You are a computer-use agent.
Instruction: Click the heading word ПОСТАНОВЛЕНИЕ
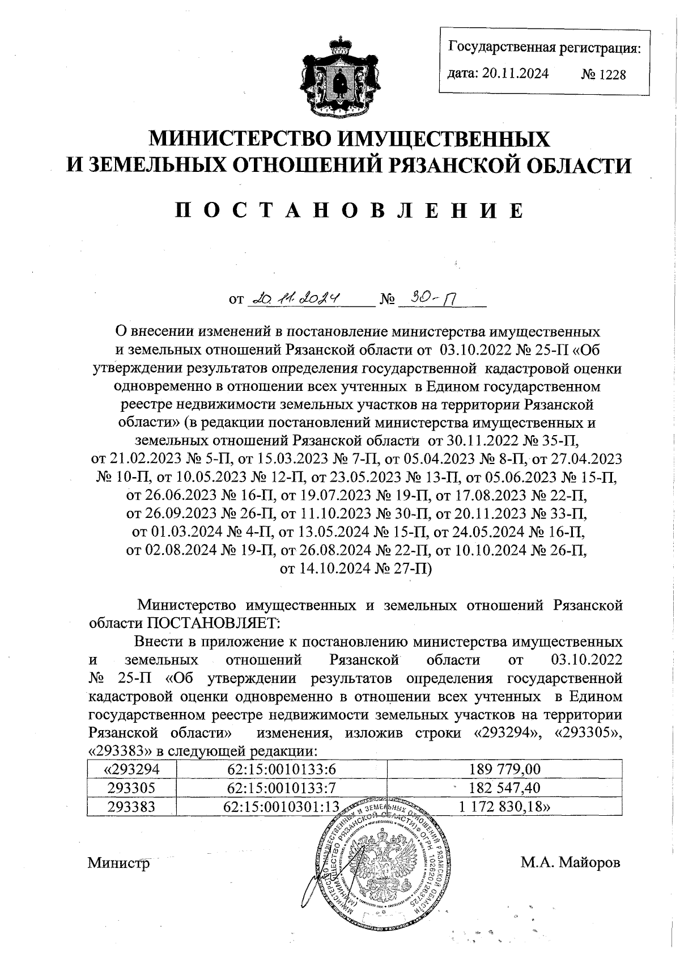point(349,210)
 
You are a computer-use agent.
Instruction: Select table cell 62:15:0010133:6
point(282,769)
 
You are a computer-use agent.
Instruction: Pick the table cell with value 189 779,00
point(505,769)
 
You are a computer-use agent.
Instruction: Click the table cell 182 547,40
point(505,787)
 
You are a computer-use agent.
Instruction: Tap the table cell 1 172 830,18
point(505,806)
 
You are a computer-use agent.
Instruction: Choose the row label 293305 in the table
point(132,787)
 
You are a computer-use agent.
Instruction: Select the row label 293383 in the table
point(132,806)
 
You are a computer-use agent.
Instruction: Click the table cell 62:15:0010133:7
point(282,787)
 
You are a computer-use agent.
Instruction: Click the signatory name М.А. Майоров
point(571,863)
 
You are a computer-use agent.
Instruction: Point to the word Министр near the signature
point(119,863)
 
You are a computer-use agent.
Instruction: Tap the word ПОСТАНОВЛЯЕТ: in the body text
point(214,623)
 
